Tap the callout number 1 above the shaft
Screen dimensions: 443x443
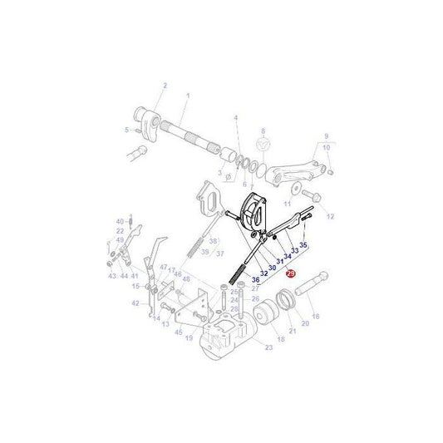(188, 96)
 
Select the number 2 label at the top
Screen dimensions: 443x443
(165, 86)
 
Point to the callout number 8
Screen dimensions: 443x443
(263, 130)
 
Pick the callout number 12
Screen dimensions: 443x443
(330, 216)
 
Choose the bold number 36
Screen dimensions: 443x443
(255, 280)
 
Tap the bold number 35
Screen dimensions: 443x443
(303, 246)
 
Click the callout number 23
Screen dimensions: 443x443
(268, 347)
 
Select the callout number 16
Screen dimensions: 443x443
(315, 316)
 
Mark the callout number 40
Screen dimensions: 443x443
(120, 221)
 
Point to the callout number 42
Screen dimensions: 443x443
(135, 303)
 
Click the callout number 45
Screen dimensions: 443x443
(178, 332)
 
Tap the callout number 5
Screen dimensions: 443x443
(127, 130)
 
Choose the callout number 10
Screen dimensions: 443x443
(327, 147)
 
